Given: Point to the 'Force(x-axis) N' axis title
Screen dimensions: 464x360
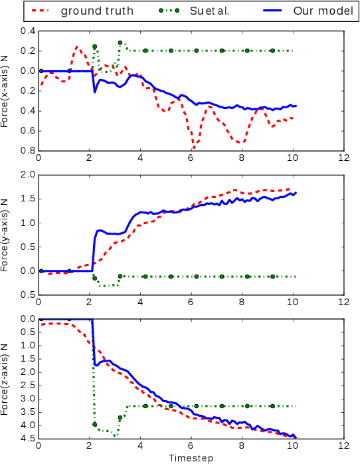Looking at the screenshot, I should [x=6, y=91].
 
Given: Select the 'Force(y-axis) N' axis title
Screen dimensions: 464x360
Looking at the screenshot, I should [x=6, y=234].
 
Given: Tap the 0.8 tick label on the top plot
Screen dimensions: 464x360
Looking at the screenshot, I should [x=28, y=150].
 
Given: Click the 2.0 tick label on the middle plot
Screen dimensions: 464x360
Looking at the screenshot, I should [x=28, y=175].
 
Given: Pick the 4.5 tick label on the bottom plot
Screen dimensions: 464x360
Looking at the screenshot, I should [x=28, y=439].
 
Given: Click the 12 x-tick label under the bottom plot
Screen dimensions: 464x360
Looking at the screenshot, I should [x=343, y=447].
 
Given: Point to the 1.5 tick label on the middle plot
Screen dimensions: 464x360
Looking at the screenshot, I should [x=28, y=199].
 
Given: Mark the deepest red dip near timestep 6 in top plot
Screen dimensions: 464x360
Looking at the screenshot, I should [x=193, y=147].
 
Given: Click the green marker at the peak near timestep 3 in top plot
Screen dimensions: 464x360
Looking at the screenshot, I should [x=120, y=43].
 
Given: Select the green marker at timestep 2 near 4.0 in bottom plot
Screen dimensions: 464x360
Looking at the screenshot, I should [x=94, y=424].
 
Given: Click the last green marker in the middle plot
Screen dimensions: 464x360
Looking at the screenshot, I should [x=272, y=276].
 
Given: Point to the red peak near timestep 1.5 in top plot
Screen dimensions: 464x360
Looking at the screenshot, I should [x=77, y=47].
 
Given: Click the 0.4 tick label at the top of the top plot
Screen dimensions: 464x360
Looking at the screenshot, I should [x=28, y=31].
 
